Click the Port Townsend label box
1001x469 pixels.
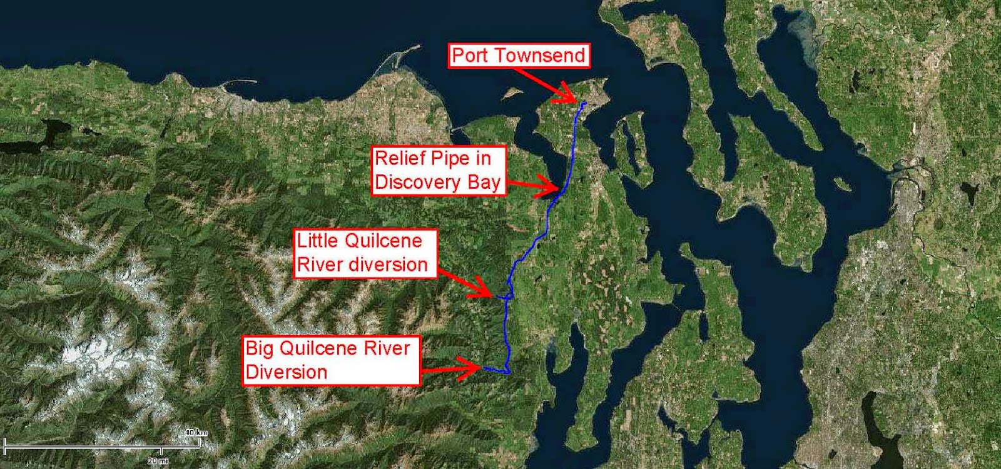tap(519, 56)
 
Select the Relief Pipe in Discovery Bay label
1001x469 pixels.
tap(438, 170)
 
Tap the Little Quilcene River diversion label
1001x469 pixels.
tap(362, 253)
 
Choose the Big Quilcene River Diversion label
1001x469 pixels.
tap(330, 360)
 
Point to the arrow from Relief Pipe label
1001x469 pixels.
tap(532, 185)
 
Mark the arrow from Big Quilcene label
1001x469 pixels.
tap(450, 368)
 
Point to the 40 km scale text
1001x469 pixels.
tap(196, 433)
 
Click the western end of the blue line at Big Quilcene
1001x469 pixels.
tap(484, 368)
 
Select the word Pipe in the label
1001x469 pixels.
tap(447, 158)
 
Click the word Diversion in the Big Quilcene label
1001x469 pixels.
tap(287, 372)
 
